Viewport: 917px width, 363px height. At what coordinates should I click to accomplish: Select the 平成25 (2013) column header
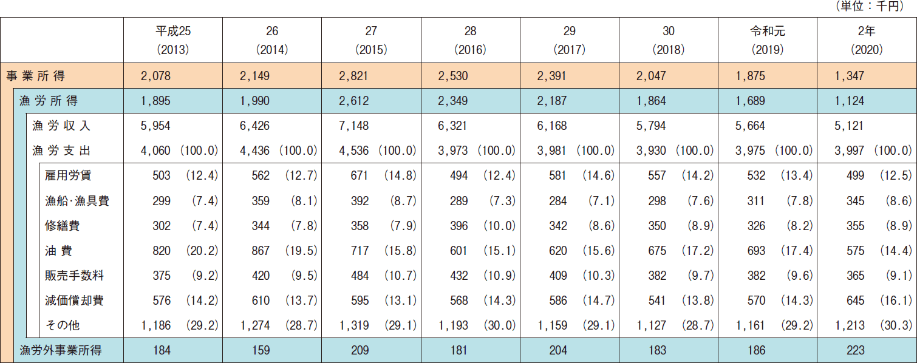(172, 40)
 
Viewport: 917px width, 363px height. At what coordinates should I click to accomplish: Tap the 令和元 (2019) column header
(767, 40)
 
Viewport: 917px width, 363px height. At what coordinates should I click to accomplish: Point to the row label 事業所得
(35, 76)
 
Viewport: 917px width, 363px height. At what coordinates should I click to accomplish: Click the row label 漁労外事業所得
(61, 350)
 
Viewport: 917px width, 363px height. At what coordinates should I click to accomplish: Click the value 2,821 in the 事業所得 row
(353, 76)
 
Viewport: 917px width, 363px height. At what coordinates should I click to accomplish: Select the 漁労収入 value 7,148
(353, 126)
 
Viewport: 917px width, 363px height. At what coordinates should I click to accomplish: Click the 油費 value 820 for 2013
(161, 251)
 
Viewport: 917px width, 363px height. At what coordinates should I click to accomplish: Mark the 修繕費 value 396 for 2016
(458, 226)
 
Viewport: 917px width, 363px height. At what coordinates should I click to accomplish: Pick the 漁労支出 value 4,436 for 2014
(254, 151)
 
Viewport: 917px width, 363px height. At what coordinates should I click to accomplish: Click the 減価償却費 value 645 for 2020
(855, 300)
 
